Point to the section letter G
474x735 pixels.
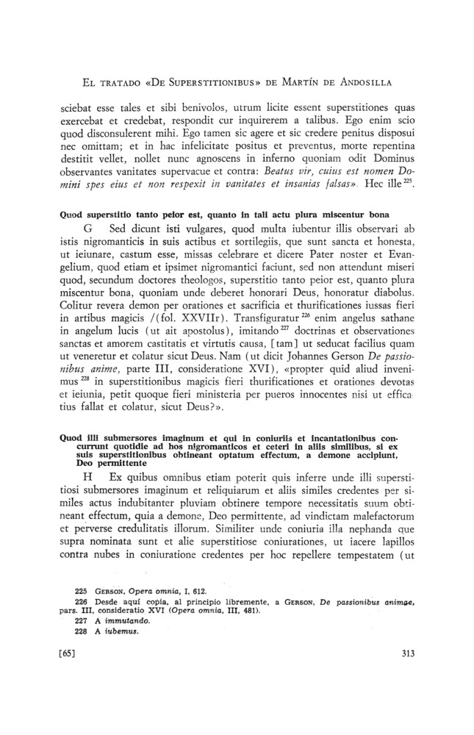pos(90,229)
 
